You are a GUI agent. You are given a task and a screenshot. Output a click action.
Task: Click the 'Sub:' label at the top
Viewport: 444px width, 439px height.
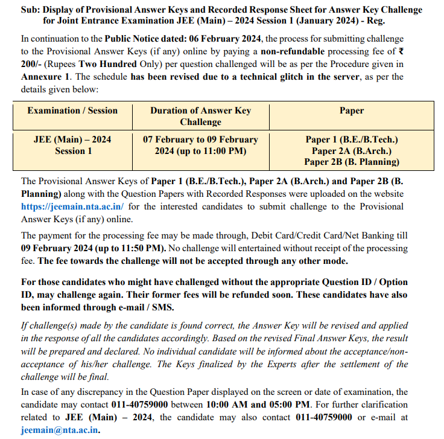coord(31,10)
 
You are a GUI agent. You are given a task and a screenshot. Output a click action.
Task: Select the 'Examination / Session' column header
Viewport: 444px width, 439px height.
coord(72,111)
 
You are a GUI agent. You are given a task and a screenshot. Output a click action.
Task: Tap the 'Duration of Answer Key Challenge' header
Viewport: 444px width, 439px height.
coord(200,116)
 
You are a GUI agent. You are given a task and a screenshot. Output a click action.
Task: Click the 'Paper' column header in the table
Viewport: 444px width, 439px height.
coord(352,111)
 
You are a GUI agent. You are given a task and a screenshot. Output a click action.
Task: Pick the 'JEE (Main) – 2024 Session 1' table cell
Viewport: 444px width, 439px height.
coord(72,145)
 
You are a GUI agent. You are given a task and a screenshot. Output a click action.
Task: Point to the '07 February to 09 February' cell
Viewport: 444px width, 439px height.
coord(200,139)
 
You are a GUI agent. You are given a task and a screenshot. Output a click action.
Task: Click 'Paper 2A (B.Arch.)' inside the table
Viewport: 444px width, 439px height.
coord(352,150)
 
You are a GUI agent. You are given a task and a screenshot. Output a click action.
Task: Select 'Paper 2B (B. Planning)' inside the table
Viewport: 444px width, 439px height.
coord(352,161)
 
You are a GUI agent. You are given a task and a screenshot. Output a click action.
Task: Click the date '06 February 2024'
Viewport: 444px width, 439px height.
coord(213,39)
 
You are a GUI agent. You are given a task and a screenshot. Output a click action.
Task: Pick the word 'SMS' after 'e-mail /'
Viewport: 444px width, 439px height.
coord(162,307)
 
